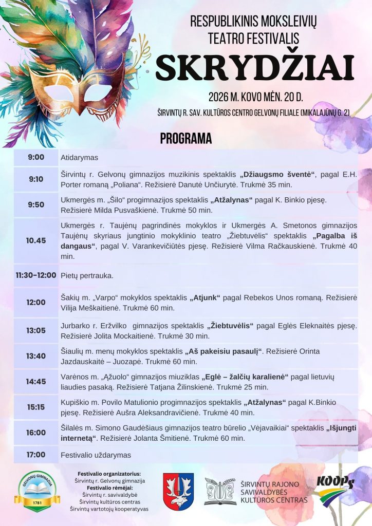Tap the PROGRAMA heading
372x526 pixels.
point(186,138)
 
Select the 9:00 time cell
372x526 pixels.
point(36,157)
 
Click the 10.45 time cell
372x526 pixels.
point(36,240)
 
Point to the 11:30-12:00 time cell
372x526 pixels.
point(36,275)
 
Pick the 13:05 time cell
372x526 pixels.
point(36,330)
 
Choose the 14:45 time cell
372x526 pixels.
point(36,382)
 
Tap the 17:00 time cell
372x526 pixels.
point(36,455)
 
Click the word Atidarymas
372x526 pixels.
point(79,158)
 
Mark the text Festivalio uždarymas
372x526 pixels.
point(96,455)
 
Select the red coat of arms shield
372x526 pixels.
point(178,492)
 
